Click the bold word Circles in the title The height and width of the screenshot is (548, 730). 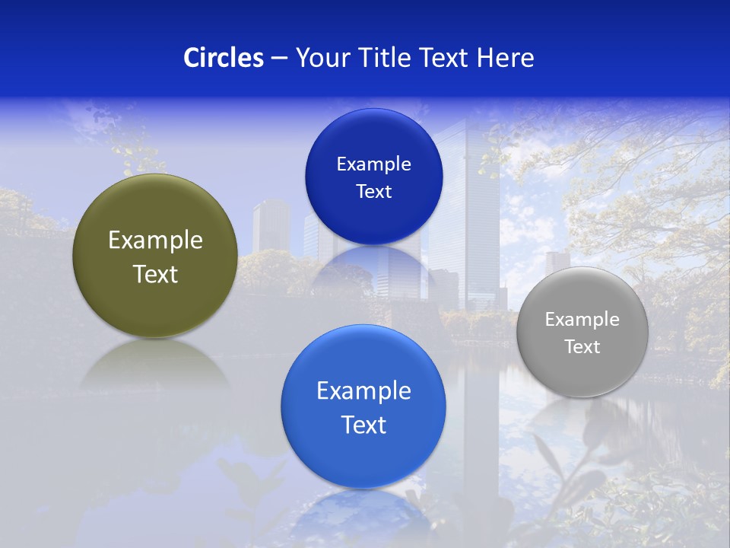(x=224, y=58)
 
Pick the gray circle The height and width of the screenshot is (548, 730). (x=582, y=373)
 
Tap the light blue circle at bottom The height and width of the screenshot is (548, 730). (x=363, y=457)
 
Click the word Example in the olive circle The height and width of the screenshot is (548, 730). (x=155, y=241)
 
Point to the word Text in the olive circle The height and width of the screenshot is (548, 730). (x=155, y=274)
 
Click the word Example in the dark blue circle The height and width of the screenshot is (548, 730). (x=373, y=164)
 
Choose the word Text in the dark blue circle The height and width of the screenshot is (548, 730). (x=373, y=192)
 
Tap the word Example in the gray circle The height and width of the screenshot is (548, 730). (x=582, y=320)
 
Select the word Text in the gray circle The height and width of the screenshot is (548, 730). (x=582, y=347)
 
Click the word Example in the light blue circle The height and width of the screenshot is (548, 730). (x=363, y=391)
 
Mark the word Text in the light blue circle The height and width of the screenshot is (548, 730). (x=363, y=425)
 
